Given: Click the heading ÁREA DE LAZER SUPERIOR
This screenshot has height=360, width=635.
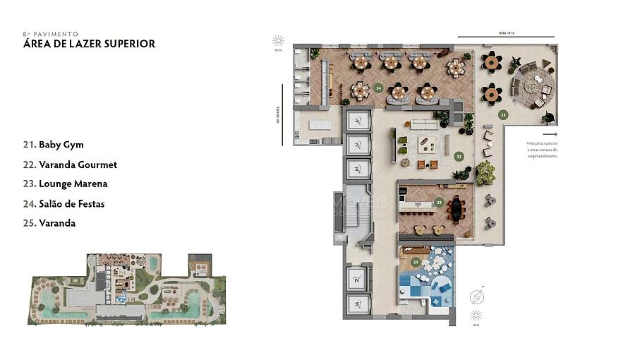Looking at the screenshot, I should (x=89, y=44).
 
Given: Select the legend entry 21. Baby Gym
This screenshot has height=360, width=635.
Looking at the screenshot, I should (x=54, y=145).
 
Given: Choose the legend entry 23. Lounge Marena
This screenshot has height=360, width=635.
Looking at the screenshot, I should (x=66, y=184).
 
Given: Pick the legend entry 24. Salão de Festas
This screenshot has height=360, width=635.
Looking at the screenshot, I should (x=64, y=203).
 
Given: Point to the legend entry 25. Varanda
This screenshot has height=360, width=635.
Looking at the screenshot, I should (x=49, y=223).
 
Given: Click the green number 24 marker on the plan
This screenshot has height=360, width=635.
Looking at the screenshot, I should (x=379, y=88).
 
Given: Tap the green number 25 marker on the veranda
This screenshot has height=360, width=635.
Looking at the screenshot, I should (x=502, y=114).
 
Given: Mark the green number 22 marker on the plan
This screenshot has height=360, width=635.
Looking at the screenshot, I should (x=438, y=202).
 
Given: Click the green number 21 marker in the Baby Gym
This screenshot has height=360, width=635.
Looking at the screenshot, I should (x=416, y=262).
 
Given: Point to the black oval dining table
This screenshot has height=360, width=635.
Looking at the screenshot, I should (x=456, y=209).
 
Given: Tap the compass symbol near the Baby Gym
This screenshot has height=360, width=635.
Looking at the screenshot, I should (x=477, y=296).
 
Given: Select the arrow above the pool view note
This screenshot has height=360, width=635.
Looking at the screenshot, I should (x=550, y=134).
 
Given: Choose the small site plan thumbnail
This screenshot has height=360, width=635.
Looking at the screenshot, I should (x=128, y=289).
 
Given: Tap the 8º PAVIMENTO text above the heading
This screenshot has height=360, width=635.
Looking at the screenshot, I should (x=50, y=33).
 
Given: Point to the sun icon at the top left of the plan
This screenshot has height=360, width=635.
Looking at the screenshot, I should (x=279, y=40).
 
